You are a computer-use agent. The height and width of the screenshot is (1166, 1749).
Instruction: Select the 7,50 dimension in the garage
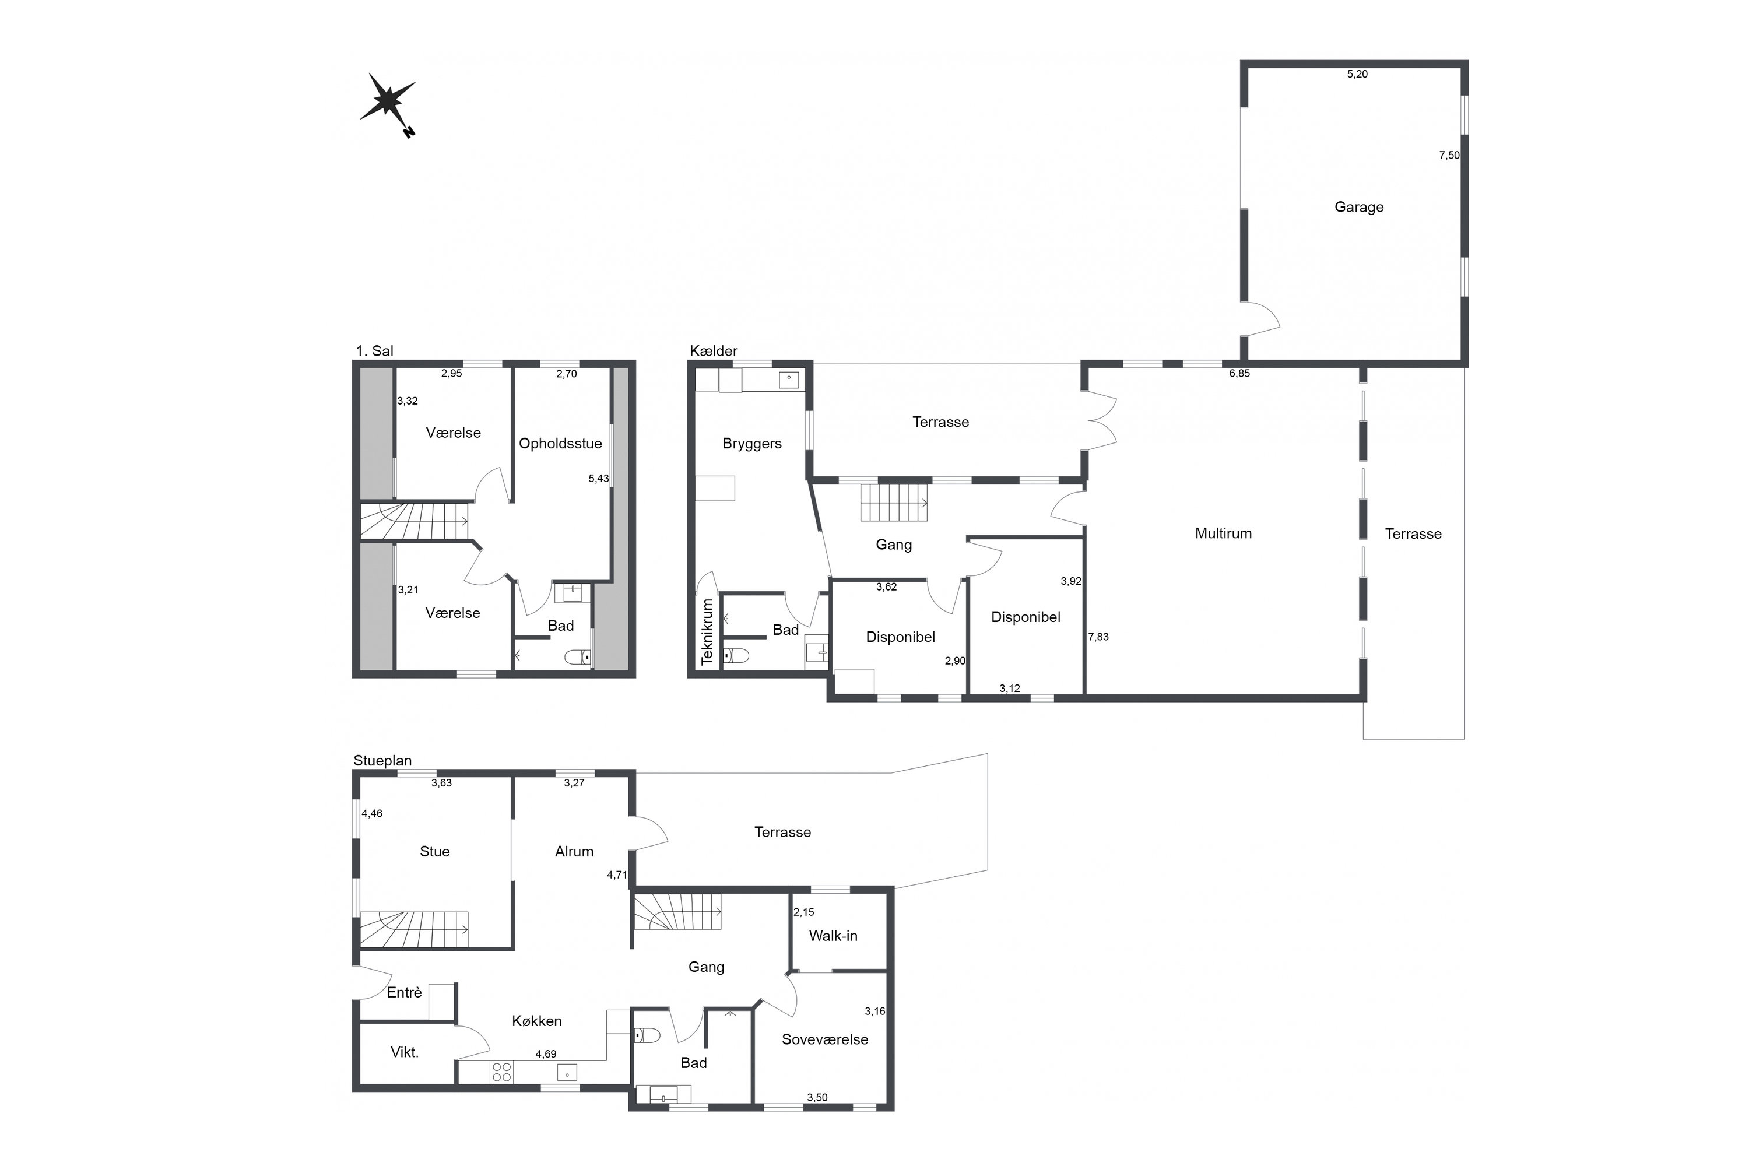tap(1449, 156)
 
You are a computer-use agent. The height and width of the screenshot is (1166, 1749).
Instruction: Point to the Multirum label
tap(1223, 533)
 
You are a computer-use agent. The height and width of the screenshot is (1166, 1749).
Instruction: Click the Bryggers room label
tap(752, 444)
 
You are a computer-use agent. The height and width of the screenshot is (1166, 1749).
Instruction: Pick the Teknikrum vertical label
tap(707, 631)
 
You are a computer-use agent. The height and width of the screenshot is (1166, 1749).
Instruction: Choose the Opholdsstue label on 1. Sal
tap(560, 444)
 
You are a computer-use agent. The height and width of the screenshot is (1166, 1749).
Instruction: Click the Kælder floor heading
tap(713, 351)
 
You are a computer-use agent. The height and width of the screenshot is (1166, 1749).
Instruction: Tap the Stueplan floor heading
tap(382, 761)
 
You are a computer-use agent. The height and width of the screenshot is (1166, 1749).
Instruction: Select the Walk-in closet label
tap(833, 936)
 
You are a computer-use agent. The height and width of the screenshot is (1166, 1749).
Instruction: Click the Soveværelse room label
tap(825, 1039)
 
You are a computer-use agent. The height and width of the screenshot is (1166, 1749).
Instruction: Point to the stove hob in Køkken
tap(501, 1072)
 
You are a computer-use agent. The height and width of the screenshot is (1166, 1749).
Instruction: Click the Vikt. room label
tap(405, 1052)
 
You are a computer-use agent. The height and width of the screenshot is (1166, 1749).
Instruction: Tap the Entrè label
tap(404, 993)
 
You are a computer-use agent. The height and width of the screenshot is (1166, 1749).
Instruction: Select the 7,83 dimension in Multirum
tap(1098, 637)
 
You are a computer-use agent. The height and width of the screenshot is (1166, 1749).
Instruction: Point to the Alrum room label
tap(574, 851)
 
